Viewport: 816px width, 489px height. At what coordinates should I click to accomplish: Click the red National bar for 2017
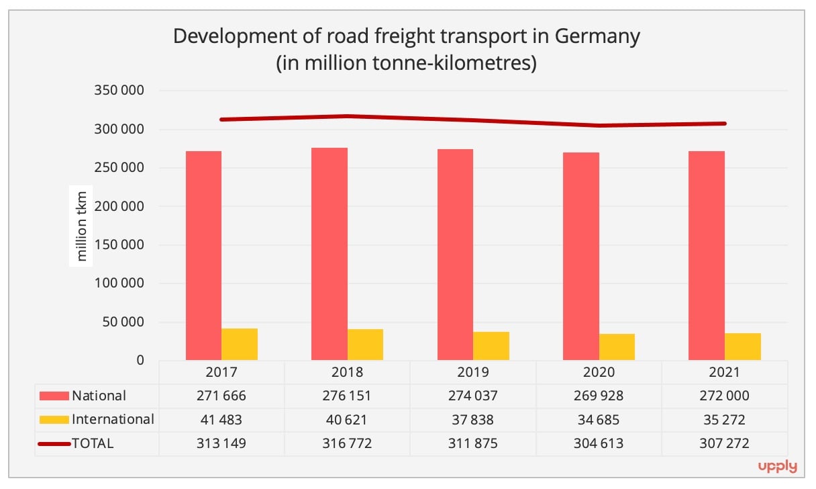[203, 255]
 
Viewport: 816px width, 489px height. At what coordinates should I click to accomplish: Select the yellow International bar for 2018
[365, 345]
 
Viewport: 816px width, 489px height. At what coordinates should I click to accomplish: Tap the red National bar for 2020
[581, 256]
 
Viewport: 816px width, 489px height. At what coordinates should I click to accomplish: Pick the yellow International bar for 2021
[743, 347]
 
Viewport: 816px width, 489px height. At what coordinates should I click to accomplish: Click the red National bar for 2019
[455, 255]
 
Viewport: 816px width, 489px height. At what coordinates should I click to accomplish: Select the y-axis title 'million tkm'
[81, 226]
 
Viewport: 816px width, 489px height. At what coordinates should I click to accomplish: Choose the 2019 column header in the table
[473, 372]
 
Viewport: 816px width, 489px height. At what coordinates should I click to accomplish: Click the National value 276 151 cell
[347, 396]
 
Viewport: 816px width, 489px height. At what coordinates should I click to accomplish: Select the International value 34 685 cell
[599, 420]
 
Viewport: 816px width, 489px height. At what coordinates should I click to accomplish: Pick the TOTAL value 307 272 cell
[725, 443]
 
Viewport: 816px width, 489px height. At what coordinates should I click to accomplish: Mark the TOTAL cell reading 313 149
[221, 443]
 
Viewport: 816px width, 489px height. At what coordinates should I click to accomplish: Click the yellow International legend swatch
[54, 420]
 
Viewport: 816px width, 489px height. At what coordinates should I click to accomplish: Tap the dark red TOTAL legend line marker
[54, 443]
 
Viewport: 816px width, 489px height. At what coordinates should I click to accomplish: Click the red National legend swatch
[54, 396]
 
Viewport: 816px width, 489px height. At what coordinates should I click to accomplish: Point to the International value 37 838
[473, 420]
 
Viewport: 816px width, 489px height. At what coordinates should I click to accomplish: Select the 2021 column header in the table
[725, 372]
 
